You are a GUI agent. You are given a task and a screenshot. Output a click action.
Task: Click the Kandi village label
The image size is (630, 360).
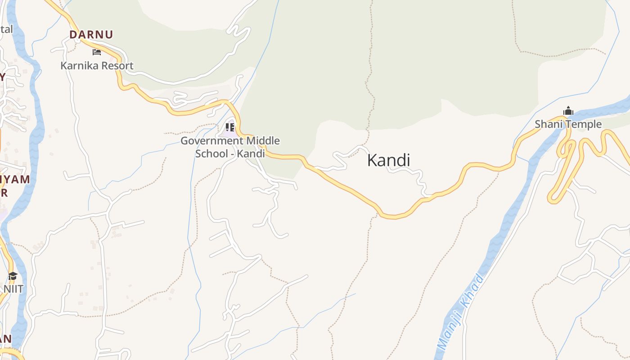pyautogui.click(x=389, y=160)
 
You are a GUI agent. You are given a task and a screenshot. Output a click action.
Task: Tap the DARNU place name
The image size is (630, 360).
pyautogui.click(x=91, y=35)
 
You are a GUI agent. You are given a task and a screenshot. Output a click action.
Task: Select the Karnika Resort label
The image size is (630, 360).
pyautogui.click(x=97, y=66)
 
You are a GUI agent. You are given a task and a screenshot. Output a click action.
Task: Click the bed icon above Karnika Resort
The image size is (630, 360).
pyautogui.click(x=97, y=52)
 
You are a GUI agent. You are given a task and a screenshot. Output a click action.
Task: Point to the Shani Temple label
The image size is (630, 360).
pyautogui.click(x=568, y=124)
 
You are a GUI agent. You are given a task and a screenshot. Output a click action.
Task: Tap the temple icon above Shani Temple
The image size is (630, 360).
pyautogui.click(x=568, y=111)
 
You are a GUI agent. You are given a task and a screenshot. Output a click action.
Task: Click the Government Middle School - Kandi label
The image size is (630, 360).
pyautogui.click(x=230, y=147)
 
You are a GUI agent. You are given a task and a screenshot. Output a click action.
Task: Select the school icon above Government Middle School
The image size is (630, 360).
pyautogui.click(x=230, y=127)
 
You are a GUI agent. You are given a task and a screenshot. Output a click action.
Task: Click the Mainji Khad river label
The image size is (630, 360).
pyautogui.click(x=461, y=311)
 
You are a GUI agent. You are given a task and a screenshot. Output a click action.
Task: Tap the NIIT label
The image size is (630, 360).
pyautogui.click(x=13, y=289)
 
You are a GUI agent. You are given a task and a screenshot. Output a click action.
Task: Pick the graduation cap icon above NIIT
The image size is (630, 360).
pyautogui.click(x=13, y=276)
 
